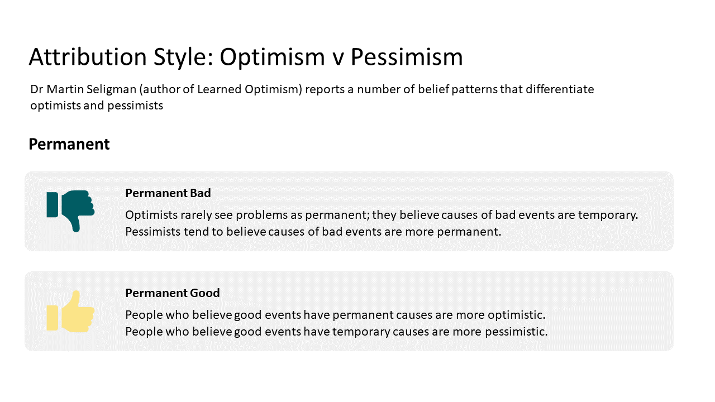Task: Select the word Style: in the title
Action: [x=184, y=57]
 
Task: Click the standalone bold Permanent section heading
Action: [x=69, y=144]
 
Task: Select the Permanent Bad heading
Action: [x=168, y=193]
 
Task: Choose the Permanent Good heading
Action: [x=173, y=293]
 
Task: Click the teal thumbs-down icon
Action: [x=70, y=210]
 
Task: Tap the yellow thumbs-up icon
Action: [x=70, y=312]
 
